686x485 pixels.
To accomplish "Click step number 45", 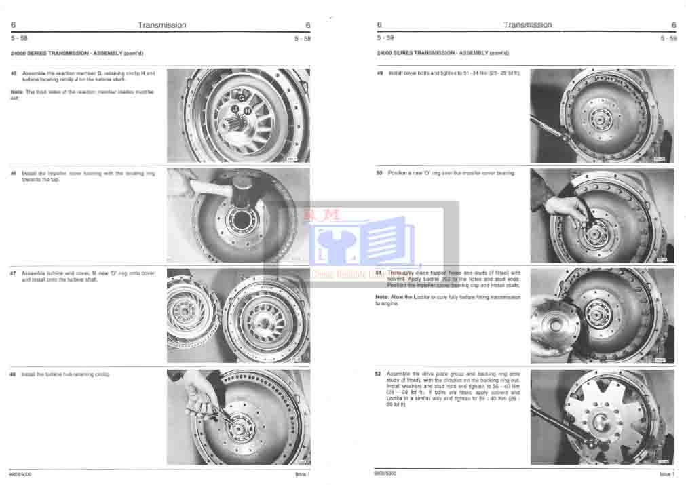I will [14, 73].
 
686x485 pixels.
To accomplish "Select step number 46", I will [14, 174].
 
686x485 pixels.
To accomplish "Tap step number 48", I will [14, 374].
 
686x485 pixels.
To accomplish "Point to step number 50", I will [379, 173].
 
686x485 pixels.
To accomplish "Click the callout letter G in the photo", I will [241, 98].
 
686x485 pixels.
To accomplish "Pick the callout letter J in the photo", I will [234, 109].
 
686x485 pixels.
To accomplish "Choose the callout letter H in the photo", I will [247, 109].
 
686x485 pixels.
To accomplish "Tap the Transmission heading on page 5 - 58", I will [161, 25].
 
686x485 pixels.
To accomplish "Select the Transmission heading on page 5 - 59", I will [527, 25].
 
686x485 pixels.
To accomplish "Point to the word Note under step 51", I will [381, 298].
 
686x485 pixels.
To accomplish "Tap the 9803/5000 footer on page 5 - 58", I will [20, 474].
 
